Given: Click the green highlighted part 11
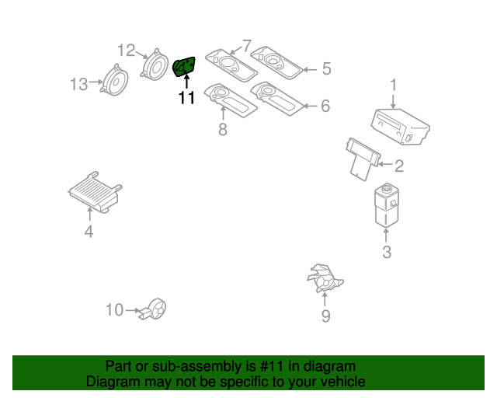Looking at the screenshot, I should point(184,68).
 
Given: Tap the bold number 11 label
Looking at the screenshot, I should point(186,99).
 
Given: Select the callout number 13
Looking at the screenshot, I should point(79,84).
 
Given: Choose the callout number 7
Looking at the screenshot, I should point(246,46).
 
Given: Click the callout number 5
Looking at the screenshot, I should point(325,69).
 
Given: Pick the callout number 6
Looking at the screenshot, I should point(325,105).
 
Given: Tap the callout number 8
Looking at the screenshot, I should point(223,129).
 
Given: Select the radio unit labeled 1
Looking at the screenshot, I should point(400,127).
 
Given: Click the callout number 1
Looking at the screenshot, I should point(394,85).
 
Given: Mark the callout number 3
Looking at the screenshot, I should point(386,251).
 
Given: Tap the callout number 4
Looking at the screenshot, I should point(89,231).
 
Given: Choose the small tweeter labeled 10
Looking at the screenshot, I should point(156,309).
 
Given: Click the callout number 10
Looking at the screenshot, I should point(114,310).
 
